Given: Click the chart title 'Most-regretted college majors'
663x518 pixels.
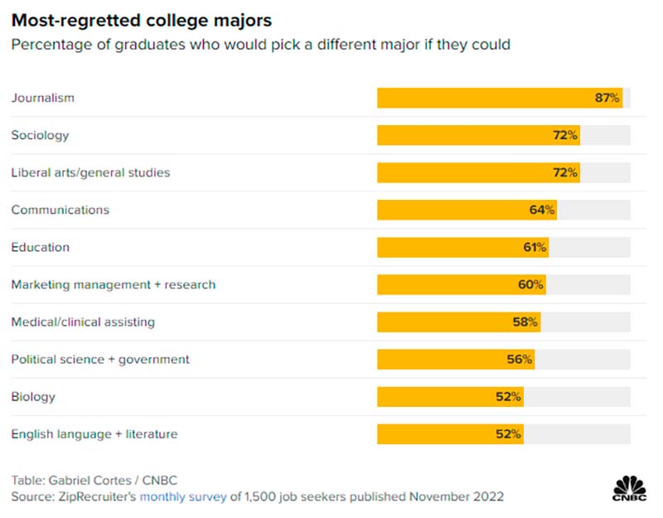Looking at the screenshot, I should pyautogui.click(x=142, y=19).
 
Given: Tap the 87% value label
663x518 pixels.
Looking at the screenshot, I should pyautogui.click(x=607, y=98).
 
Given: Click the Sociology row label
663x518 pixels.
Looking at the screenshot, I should pyautogui.click(x=40, y=135).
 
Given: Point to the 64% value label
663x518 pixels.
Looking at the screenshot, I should pyautogui.click(x=541, y=210).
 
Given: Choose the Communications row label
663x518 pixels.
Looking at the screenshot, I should pyautogui.click(x=60, y=210).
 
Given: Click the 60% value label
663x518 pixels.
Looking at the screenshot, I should pyautogui.click(x=530, y=284).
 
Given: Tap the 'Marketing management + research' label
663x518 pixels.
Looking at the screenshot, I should pyautogui.click(x=113, y=284).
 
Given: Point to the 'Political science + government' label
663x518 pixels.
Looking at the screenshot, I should pyautogui.click(x=100, y=359).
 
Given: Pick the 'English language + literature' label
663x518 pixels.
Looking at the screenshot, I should pyautogui.click(x=94, y=433).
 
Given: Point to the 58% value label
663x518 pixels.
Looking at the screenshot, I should pyautogui.click(x=525, y=322).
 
